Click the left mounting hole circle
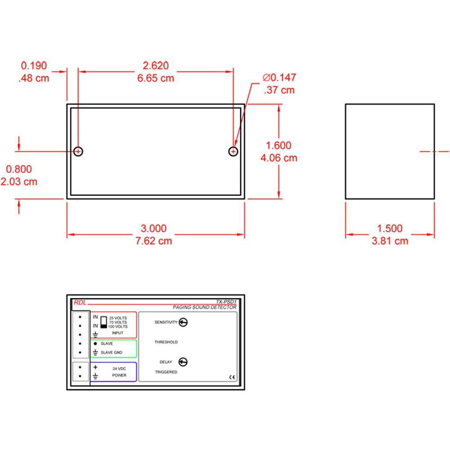coord(78,152)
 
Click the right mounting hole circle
coord(233,152)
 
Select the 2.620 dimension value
coord(155,66)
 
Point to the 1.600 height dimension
coord(279,145)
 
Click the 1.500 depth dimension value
coord(390,229)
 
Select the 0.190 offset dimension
coord(34,66)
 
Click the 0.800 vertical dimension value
coord(18,169)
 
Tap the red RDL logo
coord(79,303)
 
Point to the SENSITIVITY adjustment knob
coord(183,322)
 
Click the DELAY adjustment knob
coord(183,362)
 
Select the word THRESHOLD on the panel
coord(166,342)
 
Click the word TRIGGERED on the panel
coord(166,372)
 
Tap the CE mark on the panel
coord(232,377)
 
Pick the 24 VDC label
coord(119,368)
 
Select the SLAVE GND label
coord(112,352)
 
